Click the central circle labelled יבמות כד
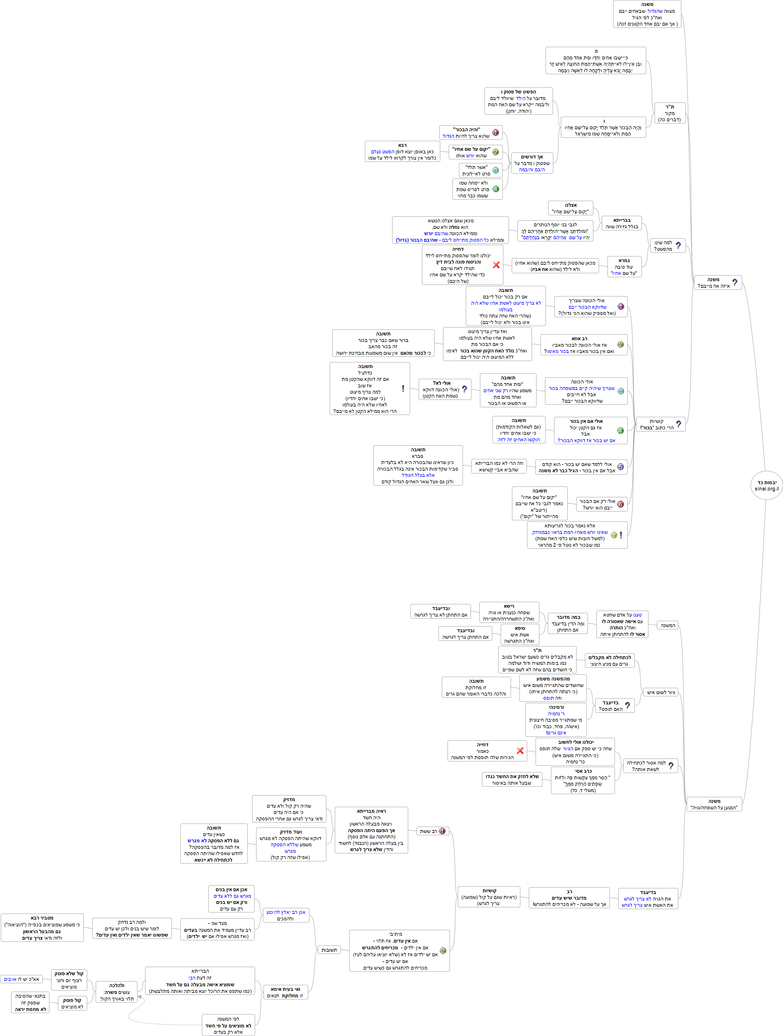pyautogui.click(x=766, y=485)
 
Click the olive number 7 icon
pyautogui.click(x=613, y=535)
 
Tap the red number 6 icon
pyautogui.click(x=620, y=504)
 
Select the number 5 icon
pyautogui.click(x=620, y=467)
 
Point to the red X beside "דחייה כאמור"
pyautogui.click(x=520, y=750)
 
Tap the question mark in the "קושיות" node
pyautogui.click(x=678, y=424)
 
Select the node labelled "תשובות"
pyautogui.click(x=329, y=950)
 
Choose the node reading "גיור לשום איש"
pyautogui.click(x=661, y=692)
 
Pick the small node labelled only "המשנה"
pyautogui.click(x=667, y=625)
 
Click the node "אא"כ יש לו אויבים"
pyautogui.click(x=22, y=979)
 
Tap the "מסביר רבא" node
pyautogui.click(x=42, y=928)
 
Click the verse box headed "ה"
pyautogui.click(x=596, y=60)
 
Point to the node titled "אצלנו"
pyautogui.click(x=570, y=208)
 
